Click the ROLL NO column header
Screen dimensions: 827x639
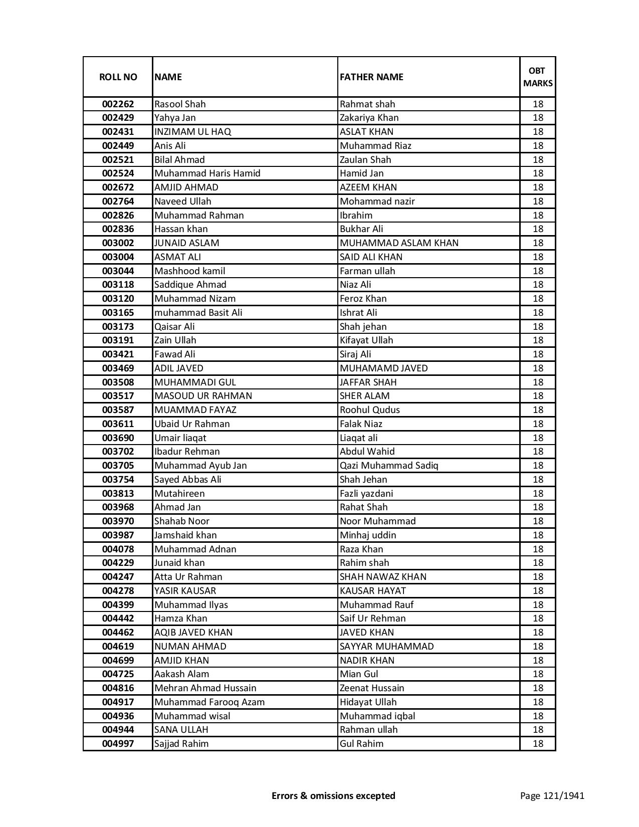pyautogui.click(x=118, y=77)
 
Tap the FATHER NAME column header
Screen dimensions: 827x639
pyautogui.click(x=371, y=77)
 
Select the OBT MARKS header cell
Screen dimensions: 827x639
pyautogui.click(x=538, y=77)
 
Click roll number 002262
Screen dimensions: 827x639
pyautogui.click(x=118, y=104)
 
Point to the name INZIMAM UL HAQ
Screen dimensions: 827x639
pyautogui.click(x=192, y=132)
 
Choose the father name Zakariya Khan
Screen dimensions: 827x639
pyautogui.click(x=369, y=118)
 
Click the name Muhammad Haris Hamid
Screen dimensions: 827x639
pyautogui.click(x=207, y=173)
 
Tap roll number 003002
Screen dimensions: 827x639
pyautogui.click(x=118, y=243)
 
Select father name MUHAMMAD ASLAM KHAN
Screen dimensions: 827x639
pyautogui.click(x=399, y=243)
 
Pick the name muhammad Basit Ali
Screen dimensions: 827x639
pyautogui.click(x=198, y=313)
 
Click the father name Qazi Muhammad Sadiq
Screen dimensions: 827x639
pyautogui.click(x=389, y=466)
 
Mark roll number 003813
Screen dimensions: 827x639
pyautogui.click(x=118, y=494)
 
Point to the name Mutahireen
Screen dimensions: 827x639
pyautogui.click(x=179, y=494)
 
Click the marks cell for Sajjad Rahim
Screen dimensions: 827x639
pyautogui.click(x=538, y=744)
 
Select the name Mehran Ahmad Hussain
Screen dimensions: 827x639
pyautogui.click(x=205, y=688)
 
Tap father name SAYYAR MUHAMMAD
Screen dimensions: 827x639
pyautogui.click(x=386, y=647)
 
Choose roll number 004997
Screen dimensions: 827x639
pyautogui.click(x=118, y=744)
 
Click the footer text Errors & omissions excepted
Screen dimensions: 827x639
pyautogui.click(x=333, y=795)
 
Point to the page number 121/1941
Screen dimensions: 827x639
pyautogui.click(x=552, y=795)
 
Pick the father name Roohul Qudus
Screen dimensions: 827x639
pyautogui.click(x=369, y=410)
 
